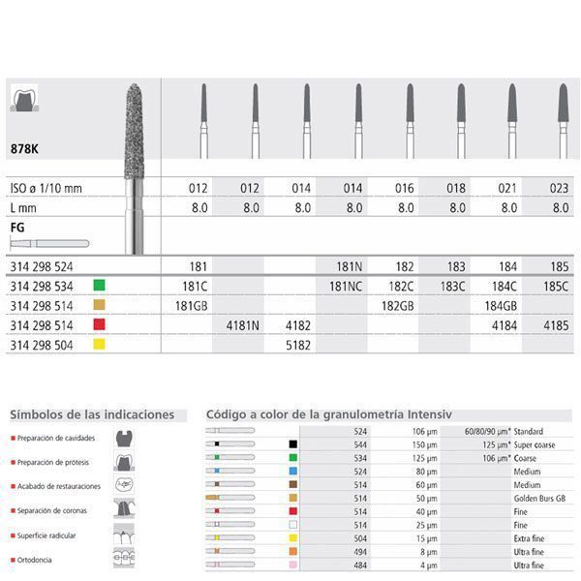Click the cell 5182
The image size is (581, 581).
(x=301, y=345)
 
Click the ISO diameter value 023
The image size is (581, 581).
(x=563, y=187)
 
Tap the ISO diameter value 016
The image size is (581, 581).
(x=407, y=187)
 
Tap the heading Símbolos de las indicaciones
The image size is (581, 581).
(x=92, y=414)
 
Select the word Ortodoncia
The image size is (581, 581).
(x=35, y=561)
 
